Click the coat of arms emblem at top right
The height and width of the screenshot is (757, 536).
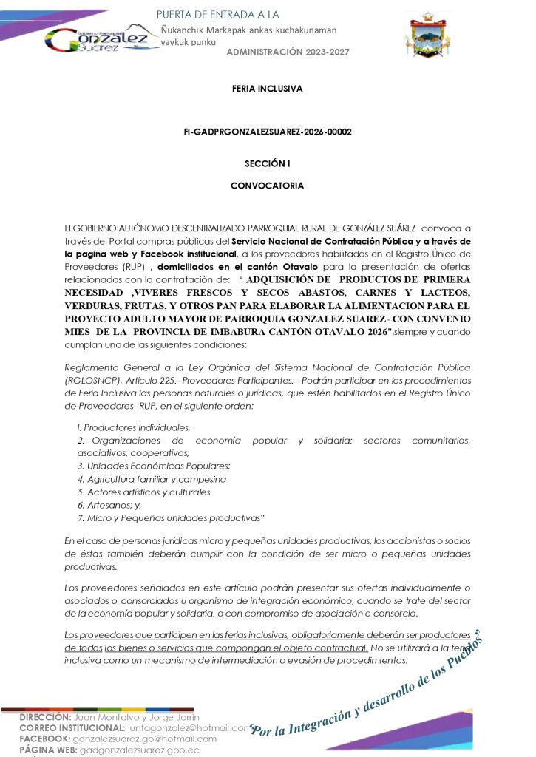click(x=431, y=35)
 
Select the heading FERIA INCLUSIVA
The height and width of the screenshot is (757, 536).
click(x=268, y=89)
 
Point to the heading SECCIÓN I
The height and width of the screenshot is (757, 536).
click(x=268, y=163)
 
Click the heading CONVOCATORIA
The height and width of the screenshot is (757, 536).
click(x=268, y=186)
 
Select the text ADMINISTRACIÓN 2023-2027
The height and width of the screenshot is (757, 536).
click(x=288, y=52)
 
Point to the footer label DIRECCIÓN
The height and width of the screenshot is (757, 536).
click(x=45, y=718)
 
